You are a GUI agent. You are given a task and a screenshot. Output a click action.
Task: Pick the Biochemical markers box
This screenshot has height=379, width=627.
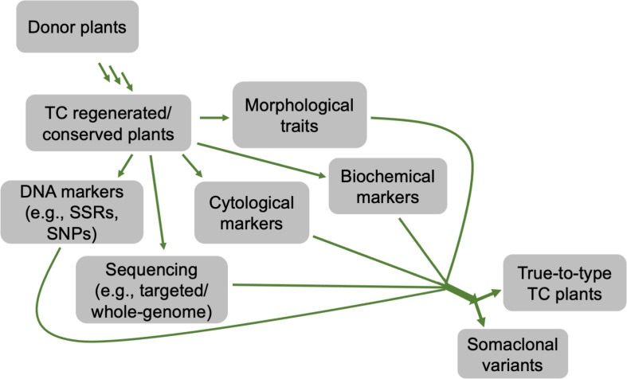(387, 186)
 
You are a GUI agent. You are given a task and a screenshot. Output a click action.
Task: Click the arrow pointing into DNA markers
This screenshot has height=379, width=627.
(125, 168)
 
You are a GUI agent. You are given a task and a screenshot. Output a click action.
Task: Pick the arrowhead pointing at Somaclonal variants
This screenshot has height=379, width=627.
(481, 320)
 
